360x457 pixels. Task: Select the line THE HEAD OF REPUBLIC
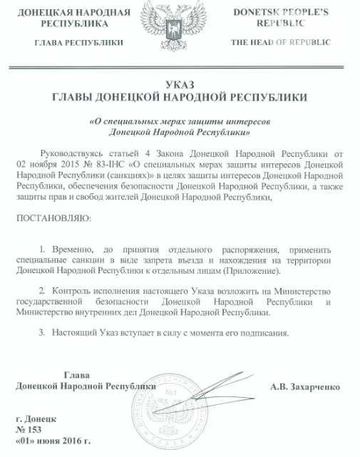point(280,42)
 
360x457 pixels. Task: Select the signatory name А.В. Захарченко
point(304,387)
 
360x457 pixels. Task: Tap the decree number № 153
point(29,431)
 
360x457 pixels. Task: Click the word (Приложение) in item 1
point(253,272)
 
